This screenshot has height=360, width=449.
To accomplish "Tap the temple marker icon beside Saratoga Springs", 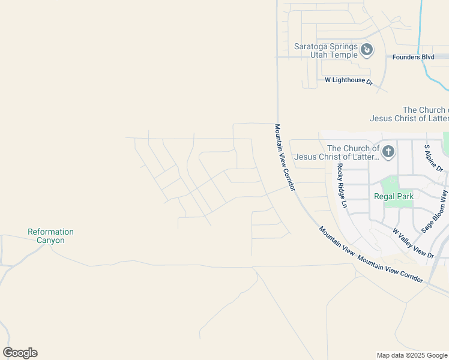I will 367,50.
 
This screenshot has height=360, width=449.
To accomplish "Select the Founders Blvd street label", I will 413,57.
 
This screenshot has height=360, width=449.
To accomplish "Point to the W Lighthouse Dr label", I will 349,80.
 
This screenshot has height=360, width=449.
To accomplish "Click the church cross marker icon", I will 388,151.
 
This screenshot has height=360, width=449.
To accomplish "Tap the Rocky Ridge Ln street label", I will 342,185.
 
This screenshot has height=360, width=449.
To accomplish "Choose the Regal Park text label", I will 394,196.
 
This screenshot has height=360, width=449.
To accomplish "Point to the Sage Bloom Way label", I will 435,211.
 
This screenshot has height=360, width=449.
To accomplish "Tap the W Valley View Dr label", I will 413,243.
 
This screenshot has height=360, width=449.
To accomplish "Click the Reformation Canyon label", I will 51,236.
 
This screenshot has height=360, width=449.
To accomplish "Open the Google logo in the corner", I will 20,353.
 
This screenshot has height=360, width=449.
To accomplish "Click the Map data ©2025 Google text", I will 412,355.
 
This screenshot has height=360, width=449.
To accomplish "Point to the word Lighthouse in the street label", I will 349,80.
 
